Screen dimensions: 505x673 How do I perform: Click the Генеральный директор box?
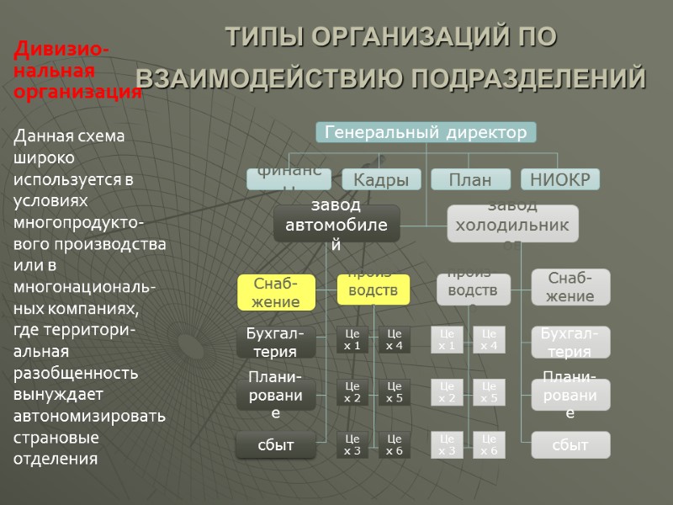pos(426,132)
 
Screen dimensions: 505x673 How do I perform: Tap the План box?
pos(470,179)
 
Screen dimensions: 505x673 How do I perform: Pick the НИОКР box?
pos(560,179)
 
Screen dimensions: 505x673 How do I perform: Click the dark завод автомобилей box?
pos(336,222)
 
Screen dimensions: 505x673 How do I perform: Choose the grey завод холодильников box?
pos(512,223)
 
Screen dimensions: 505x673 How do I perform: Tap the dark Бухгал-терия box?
pos(276,342)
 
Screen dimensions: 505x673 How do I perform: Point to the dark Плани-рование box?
pos(276,394)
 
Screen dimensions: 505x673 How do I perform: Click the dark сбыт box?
pos(276,444)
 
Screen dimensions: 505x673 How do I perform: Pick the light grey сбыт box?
pos(570,444)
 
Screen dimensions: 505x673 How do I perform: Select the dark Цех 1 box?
pos(352,340)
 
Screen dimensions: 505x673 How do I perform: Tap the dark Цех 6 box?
pos(395,444)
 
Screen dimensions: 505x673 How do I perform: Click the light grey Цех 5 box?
pos(489,392)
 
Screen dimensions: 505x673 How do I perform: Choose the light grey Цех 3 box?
pos(447,444)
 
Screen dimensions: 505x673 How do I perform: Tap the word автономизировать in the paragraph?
pos(89,416)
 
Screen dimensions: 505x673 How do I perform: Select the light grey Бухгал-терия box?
pos(570,342)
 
